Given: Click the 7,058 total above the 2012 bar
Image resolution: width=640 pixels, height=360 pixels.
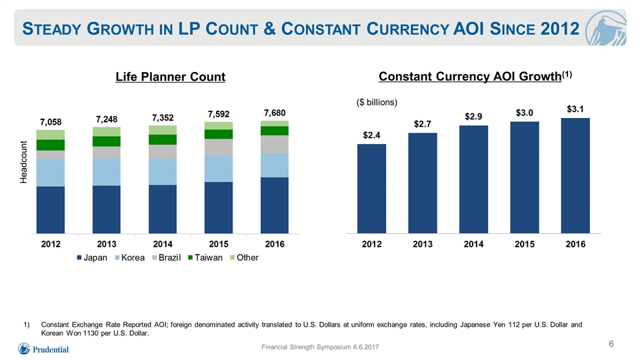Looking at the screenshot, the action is (x=51, y=122).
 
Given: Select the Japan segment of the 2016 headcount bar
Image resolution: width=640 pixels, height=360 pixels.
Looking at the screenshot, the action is (x=275, y=205).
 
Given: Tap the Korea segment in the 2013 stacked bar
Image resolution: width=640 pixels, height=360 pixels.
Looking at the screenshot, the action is (x=107, y=172).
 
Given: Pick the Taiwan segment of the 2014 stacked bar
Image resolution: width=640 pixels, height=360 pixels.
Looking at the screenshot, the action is (x=163, y=139).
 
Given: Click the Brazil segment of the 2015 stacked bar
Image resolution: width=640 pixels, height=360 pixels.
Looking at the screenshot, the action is (x=219, y=147).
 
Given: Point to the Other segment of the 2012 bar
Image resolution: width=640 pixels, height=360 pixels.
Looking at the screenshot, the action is (x=51, y=135).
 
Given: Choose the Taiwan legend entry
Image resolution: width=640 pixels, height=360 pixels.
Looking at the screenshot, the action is (x=205, y=257).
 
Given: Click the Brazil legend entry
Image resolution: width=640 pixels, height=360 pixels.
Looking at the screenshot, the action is (x=167, y=257).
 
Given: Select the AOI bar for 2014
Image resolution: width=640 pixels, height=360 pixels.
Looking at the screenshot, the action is (x=473, y=179).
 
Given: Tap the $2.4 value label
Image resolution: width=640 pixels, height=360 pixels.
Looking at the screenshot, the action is (x=371, y=135).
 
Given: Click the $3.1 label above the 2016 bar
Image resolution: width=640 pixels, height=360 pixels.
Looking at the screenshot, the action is (x=575, y=109).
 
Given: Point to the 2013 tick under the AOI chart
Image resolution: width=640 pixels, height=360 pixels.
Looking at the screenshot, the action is (x=423, y=244).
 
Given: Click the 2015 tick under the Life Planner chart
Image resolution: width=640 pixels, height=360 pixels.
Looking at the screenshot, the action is (x=219, y=244).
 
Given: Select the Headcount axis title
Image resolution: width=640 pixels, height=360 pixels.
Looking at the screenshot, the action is (x=24, y=162).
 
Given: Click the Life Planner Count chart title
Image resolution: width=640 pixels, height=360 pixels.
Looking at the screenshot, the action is (x=170, y=77).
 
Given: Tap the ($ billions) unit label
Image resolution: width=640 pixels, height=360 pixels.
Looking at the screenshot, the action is (x=377, y=102).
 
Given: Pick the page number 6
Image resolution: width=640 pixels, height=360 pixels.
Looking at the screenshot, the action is (x=611, y=344).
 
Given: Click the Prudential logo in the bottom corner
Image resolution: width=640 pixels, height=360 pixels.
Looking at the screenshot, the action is (x=43, y=349).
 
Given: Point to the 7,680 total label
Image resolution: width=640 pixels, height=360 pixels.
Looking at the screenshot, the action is (x=275, y=113).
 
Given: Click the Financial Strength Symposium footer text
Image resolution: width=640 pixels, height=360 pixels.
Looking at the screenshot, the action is (x=320, y=347).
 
